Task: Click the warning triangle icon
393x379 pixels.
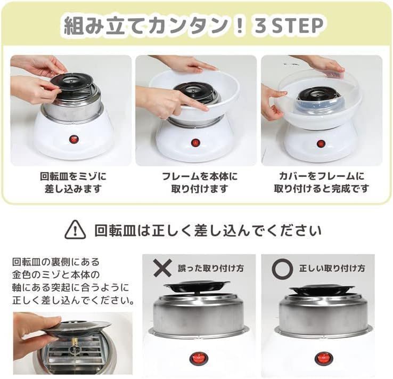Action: (75, 229)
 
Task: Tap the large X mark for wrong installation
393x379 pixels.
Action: (162, 268)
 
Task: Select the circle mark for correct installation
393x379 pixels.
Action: (282, 269)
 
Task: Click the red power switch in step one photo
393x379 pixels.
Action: (73, 139)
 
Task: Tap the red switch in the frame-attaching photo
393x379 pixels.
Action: (195, 143)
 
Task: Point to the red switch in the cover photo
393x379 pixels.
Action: (321, 144)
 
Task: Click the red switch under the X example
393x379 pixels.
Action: (199, 359)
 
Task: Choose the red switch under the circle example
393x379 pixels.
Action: (324, 358)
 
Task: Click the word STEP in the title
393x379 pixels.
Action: (297, 26)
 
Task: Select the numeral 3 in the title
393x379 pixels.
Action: (261, 26)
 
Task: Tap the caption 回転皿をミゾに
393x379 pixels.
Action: (73, 176)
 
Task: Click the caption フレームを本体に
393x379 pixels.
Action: (199, 176)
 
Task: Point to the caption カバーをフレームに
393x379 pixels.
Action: (322, 176)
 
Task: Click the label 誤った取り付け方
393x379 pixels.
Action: (211, 268)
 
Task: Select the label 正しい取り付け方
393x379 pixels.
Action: (332, 268)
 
